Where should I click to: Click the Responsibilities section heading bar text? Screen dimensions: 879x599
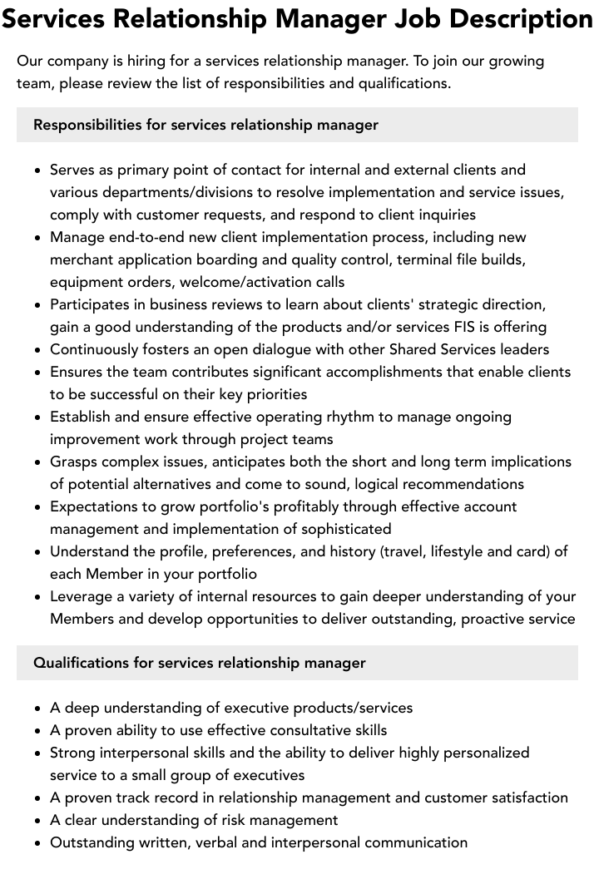pyautogui.click(x=205, y=125)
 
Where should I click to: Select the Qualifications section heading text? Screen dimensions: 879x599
pyautogui.click(x=199, y=663)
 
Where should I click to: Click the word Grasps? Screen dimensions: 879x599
pyautogui.click(x=74, y=462)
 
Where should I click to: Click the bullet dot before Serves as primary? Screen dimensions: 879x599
pyautogui.click(x=38, y=170)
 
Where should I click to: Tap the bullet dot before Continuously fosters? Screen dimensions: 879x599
pyautogui.click(x=38, y=350)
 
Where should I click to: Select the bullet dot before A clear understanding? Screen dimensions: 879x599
pyautogui.click(x=38, y=821)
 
